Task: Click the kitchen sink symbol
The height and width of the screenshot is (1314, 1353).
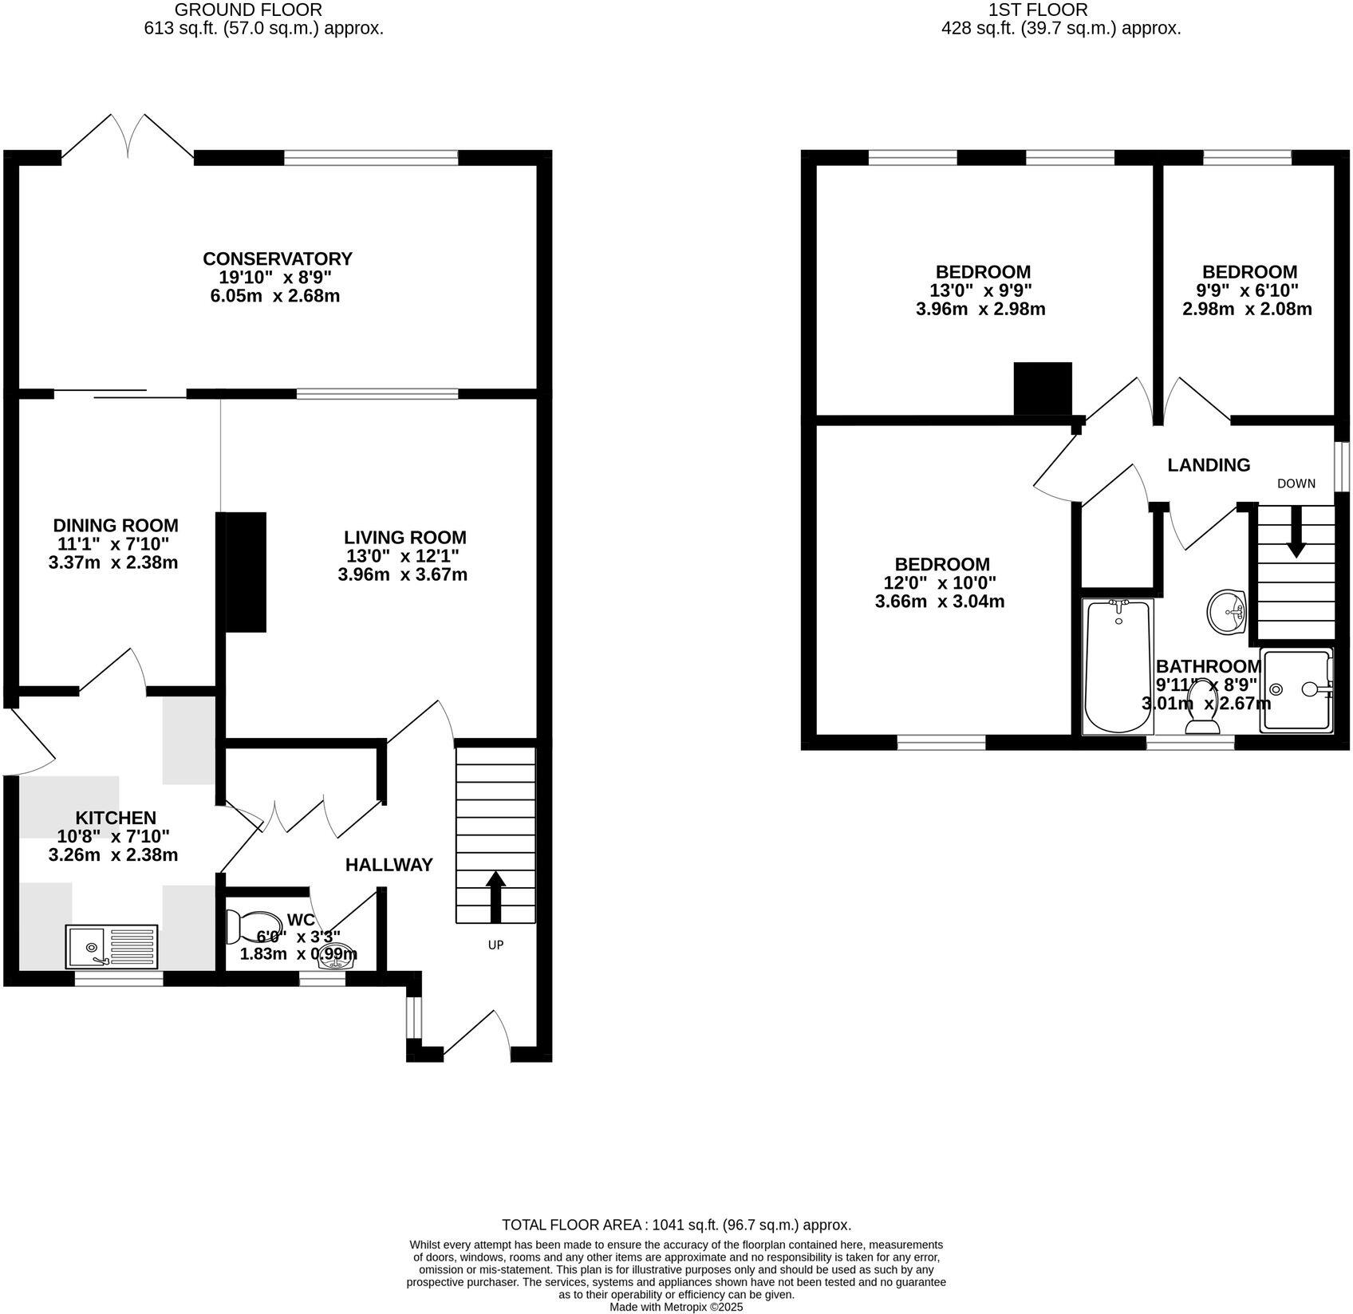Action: tap(112, 946)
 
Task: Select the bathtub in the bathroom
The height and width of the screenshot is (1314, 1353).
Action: tap(1118, 667)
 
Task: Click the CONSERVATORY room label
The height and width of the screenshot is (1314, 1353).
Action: tap(277, 258)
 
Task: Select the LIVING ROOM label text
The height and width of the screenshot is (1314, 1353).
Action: tap(405, 537)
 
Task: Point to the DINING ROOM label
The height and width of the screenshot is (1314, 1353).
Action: tap(116, 525)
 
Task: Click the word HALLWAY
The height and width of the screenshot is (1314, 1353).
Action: tap(389, 865)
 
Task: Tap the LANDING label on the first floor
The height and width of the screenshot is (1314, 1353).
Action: tap(1208, 464)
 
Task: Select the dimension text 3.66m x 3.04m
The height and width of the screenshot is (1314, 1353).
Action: tap(939, 602)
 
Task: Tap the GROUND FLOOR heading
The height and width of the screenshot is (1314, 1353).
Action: tap(248, 10)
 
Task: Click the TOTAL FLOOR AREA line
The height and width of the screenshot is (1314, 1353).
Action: tap(676, 1225)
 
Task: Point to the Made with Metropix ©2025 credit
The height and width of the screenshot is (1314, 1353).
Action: tap(676, 1307)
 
